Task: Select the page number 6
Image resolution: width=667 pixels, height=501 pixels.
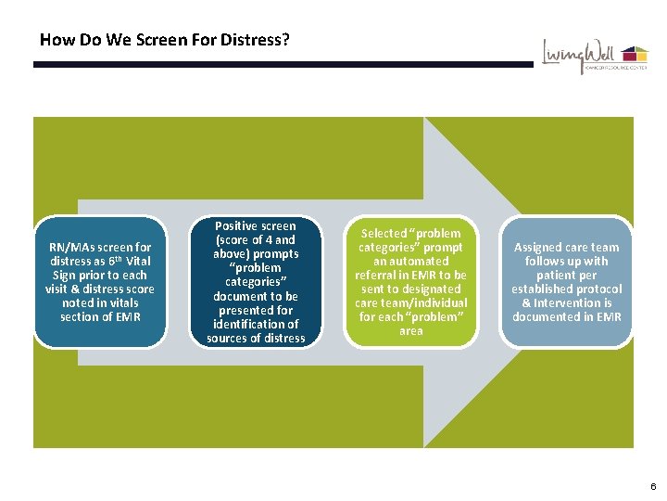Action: coord(653,486)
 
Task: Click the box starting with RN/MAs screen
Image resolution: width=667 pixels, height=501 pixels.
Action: coord(100,282)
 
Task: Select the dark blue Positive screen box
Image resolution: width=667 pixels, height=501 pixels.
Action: coord(256,282)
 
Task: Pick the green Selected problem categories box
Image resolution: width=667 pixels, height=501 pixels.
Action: coord(410,282)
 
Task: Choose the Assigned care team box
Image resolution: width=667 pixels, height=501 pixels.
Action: coord(566,282)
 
